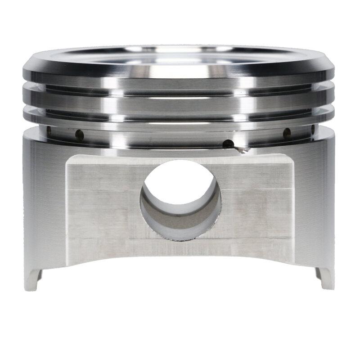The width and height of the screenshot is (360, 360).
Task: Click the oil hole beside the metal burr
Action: tap(228, 144)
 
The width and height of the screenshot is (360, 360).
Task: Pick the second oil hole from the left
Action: tap(79, 134)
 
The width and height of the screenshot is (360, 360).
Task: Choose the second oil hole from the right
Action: tap(285, 133)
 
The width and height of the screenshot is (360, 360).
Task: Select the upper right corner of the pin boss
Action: tap(288, 157)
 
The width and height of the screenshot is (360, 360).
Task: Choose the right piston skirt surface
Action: tap(315, 202)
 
